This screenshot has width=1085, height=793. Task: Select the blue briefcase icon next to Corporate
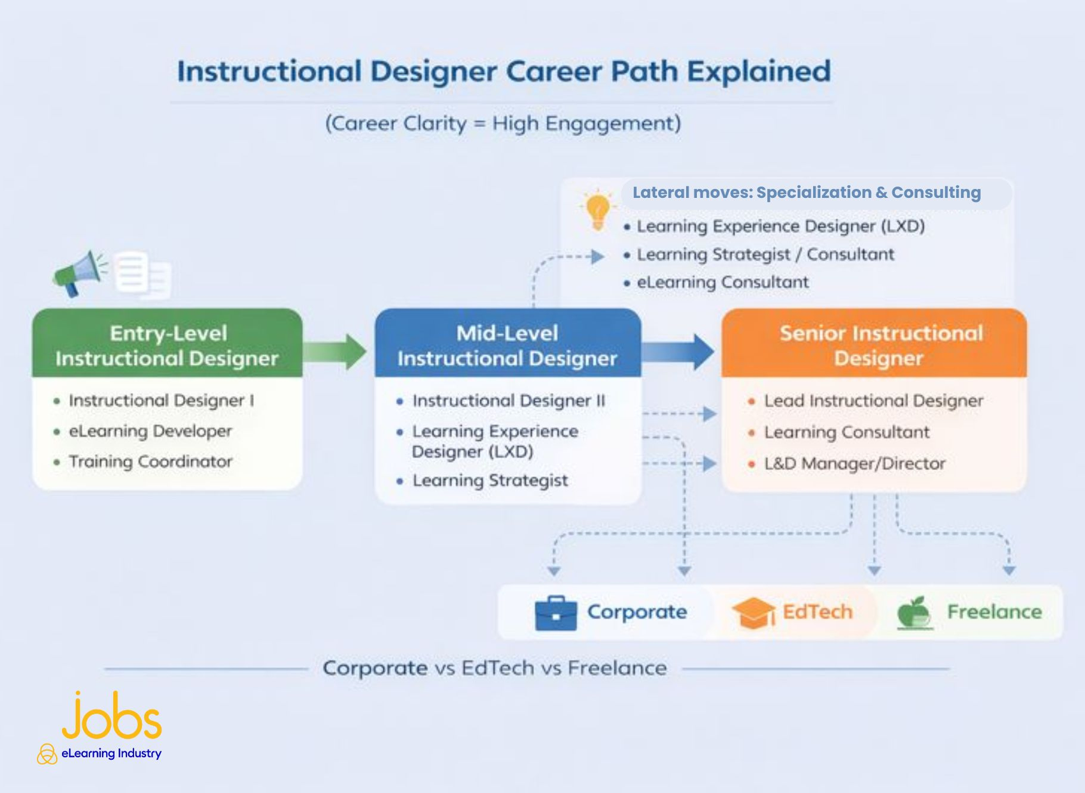click(x=555, y=613)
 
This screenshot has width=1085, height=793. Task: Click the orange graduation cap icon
click(x=753, y=612)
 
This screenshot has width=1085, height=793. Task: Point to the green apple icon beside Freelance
click(x=915, y=612)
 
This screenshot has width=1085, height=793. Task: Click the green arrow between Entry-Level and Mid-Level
click(x=335, y=351)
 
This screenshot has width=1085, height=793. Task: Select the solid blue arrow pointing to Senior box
click(x=678, y=351)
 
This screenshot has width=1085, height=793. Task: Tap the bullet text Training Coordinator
click(x=150, y=462)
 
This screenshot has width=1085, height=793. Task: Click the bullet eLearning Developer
click(x=150, y=431)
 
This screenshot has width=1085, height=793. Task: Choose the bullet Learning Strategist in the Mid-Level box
click(x=490, y=481)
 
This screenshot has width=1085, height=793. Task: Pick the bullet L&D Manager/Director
click(x=854, y=464)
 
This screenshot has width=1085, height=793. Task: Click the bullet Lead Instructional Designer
click(x=873, y=401)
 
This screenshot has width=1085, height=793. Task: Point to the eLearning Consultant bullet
click(x=722, y=282)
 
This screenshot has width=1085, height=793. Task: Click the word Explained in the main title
click(x=758, y=72)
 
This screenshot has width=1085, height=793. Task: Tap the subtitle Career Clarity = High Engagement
click(x=503, y=123)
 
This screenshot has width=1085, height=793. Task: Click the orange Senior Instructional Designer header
click(x=874, y=345)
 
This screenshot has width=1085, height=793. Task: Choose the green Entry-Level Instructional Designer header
click(x=167, y=345)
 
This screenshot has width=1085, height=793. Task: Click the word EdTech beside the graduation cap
click(x=817, y=612)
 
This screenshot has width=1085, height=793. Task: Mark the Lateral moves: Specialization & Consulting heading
click(x=806, y=193)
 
